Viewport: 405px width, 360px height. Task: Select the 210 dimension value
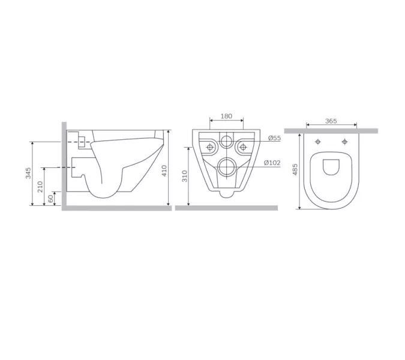40,186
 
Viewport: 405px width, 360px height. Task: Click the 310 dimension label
185,176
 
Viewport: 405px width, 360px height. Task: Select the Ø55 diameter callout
274,138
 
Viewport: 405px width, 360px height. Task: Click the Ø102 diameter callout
273,163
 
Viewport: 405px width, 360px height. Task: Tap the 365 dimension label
331,121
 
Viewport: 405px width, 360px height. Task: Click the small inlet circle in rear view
226,142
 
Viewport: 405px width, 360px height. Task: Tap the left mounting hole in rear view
210,146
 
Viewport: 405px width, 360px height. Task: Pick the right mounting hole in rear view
242,146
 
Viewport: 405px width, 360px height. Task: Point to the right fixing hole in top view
345,142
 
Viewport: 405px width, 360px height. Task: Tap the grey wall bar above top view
331,130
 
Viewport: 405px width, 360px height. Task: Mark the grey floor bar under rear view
226,208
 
